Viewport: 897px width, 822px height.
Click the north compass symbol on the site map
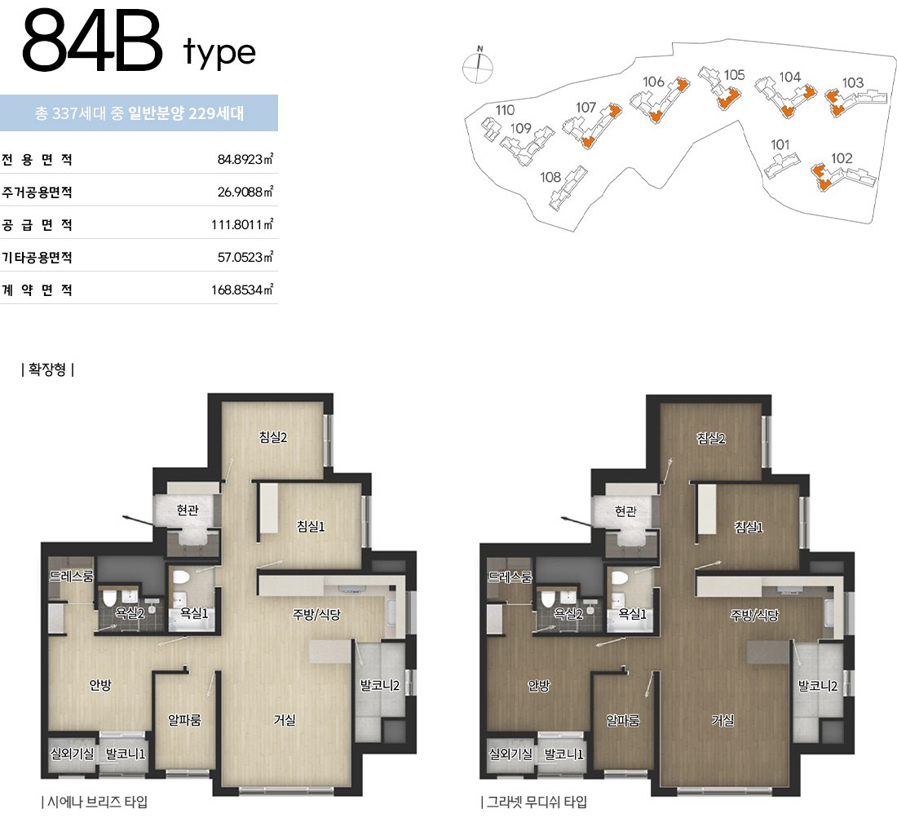[x=477, y=66]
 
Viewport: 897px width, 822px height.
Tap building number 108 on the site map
[x=550, y=177]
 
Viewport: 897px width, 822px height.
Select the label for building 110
[x=505, y=110]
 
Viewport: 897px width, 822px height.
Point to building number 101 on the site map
[x=780, y=144]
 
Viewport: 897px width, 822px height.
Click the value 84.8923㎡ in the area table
[x=245, y=159]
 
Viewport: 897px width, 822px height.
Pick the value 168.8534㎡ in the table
[x=242, y=289]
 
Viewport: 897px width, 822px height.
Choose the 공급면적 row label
[x=38, y=225]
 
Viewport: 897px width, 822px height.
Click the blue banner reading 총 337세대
[x=139, y=113]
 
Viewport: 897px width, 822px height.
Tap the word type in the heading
[x=219, y=53]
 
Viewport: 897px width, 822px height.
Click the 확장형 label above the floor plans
[x=47, y=369]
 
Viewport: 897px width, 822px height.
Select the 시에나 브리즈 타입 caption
[x=95, y=802]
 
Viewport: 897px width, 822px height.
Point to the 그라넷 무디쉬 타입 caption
[x=534, y=802]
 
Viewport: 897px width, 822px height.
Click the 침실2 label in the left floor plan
[x=273, y=438]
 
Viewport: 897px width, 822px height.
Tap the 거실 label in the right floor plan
[x=722, y=720]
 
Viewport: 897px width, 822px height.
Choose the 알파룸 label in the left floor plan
[x=184, y=719]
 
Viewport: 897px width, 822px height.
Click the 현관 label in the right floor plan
[x=625, y=510]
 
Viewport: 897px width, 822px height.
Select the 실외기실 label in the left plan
[x=72, y=754]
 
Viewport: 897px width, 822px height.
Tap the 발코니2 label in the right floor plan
[x=817, y=686]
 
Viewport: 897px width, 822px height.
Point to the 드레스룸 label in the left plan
[x=71, y=577]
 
